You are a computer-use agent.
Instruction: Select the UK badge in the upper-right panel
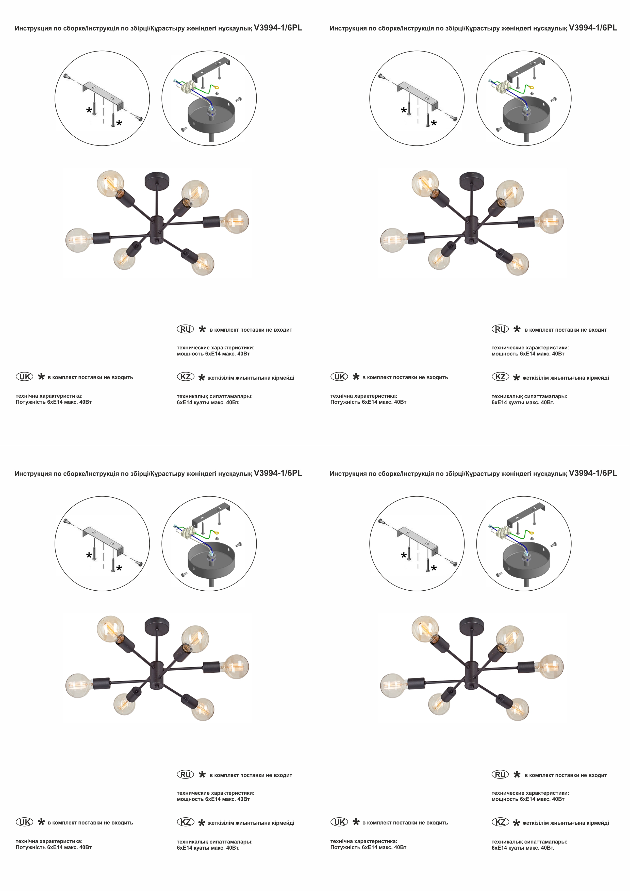[339, 376]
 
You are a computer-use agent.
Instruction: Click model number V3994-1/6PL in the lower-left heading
[278, 473]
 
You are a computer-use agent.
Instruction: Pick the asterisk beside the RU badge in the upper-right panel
[517, 329]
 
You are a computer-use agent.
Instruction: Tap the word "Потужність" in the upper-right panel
[345, 402]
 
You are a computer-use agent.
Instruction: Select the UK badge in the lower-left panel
[24, 822]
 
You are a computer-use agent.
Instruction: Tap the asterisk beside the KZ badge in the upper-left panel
[201, 378]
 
